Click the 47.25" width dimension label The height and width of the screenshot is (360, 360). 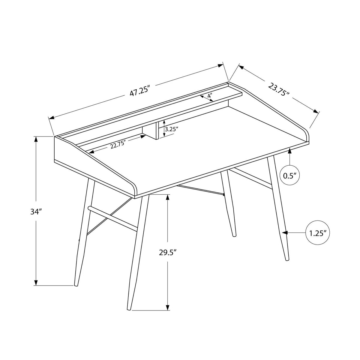140,91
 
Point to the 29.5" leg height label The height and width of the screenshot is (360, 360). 168,252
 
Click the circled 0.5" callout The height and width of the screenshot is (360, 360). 289,175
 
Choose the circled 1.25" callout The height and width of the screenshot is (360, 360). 317,233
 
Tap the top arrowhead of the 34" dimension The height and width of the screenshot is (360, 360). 36,139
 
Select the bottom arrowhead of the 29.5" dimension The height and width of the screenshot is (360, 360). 168,307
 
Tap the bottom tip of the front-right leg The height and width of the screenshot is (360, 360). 287,259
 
